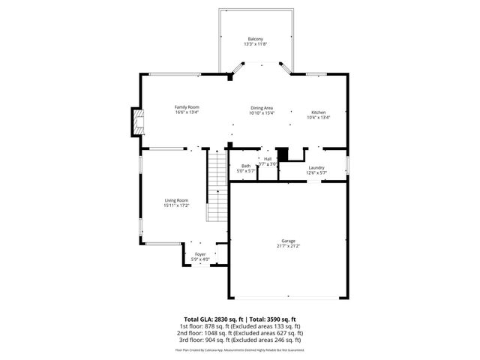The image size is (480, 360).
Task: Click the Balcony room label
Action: [255, 39]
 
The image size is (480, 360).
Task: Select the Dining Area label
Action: [262, 108]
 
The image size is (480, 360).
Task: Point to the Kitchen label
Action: [319, 112]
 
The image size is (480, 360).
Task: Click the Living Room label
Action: [176, 199]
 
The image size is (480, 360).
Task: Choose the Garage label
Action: [288, 241]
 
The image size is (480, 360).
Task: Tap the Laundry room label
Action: [316, 168]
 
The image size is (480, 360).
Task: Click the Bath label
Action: [246, 166]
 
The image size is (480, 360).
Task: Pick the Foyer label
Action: [200, 254]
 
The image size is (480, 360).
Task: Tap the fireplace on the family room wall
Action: [136, 122]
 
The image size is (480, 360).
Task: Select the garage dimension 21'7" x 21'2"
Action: [288, 246]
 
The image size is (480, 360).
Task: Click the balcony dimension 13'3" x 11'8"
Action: [255, 44]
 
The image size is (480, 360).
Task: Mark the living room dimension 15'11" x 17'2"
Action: [176, 205]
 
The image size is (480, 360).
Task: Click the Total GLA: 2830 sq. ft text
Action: [211, 319]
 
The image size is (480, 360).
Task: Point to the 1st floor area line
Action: [239, 326]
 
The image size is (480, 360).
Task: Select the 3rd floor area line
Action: [239, 340]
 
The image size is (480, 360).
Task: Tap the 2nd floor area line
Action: [239, 333]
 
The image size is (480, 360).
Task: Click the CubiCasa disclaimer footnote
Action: [239, 349]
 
